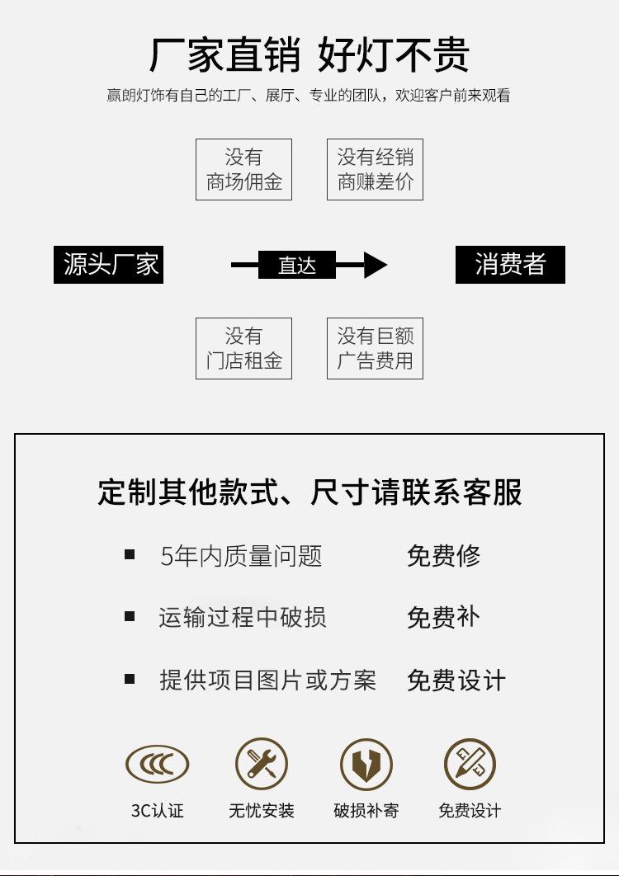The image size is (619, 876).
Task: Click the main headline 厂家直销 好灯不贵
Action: coord(309,54)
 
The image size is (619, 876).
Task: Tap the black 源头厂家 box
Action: coord(108,265)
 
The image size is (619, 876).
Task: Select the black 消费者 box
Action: coord(510,265)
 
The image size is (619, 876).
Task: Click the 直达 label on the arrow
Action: coord(296,266)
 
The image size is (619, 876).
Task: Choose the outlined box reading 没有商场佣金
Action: coord(243,170)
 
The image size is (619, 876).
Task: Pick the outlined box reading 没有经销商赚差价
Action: coord(375,170)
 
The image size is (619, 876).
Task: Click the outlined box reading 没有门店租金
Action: coord(243,349)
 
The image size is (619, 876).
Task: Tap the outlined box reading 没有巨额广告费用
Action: coord(375,349)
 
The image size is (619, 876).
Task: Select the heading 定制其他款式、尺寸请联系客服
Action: coord(309,492)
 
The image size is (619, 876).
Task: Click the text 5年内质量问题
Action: coord(241,556)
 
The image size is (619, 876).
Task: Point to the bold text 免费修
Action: coord(443,556)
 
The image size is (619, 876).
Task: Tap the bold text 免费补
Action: coord(443,618)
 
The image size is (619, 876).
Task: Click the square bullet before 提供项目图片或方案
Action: coord(130,680)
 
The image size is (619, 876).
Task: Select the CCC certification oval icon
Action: coord(157,765)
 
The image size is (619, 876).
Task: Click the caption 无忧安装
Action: coord(262,811)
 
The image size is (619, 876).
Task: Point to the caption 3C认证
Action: coord(157,811)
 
